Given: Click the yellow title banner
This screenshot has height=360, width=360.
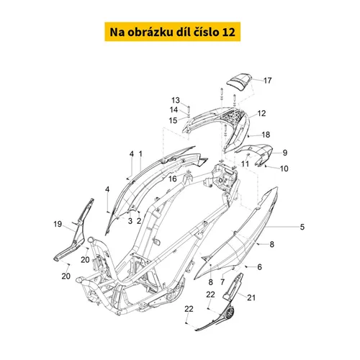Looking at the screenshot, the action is click(172, 32).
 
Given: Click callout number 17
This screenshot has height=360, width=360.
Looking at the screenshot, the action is click(268, 81).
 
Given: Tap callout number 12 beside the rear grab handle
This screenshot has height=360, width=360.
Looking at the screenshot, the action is click(261, 113).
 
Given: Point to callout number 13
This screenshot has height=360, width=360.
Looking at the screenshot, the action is click(176, 100).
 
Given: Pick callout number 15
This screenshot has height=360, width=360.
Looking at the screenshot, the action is click(173, 120).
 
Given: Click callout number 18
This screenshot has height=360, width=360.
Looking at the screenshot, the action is click(266, 135).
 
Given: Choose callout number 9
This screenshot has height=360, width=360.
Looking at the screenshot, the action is click(285, 153).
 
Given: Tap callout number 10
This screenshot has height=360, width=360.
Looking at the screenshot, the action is click(284, 168).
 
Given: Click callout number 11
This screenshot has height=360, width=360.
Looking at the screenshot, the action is click(245, 164).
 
